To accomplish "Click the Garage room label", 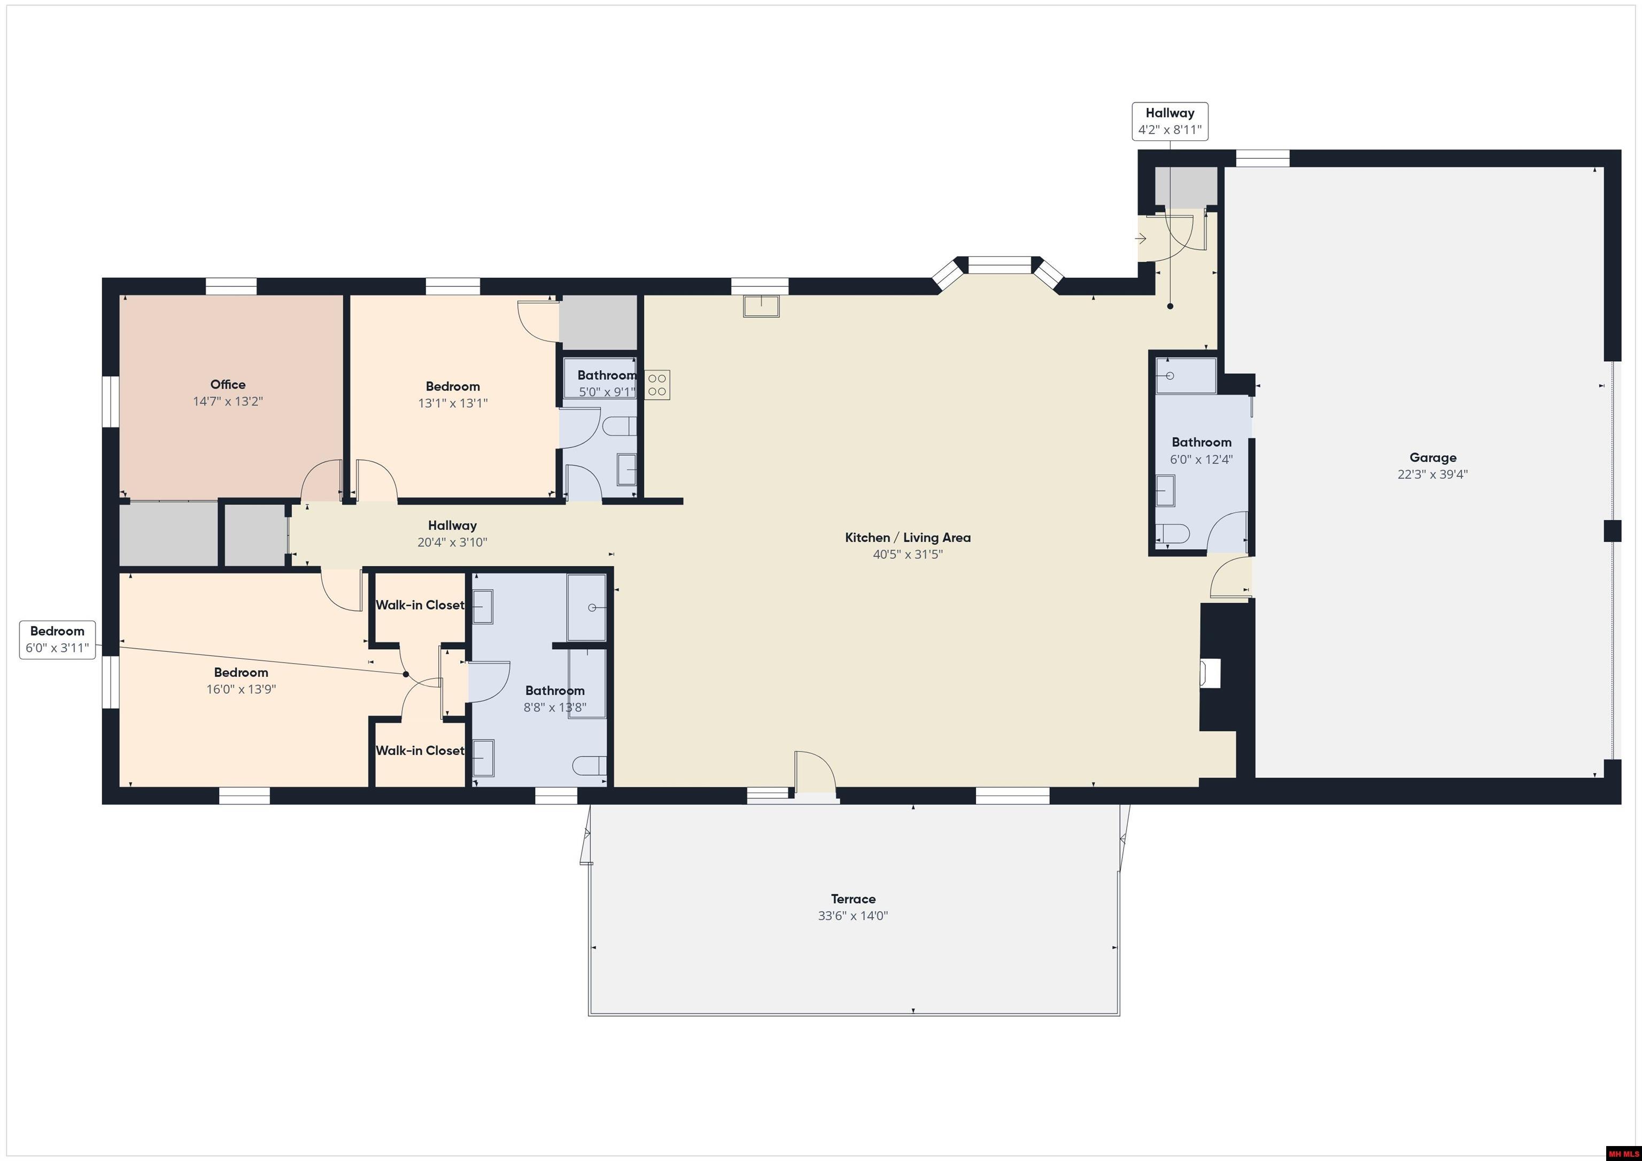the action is point(1432,457).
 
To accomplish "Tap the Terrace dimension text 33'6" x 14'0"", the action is point(853,916).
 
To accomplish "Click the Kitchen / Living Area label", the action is point(908,537).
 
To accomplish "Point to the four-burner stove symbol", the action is point(657,385).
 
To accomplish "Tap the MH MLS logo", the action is point(1623,1153).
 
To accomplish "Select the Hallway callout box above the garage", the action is point(1170,121).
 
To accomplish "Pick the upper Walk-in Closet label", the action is point(420,605).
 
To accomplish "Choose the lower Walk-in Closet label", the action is point(420,751).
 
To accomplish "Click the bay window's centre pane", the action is point(999,265).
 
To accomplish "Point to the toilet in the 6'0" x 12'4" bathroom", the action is point(1172,533).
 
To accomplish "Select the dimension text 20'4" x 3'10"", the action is point(452,543).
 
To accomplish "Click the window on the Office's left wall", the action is point(110,402).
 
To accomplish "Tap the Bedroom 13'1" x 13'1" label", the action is point(453,387).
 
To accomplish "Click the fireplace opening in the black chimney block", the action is point(1210,673).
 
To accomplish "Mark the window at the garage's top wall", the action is point(1263,158).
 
